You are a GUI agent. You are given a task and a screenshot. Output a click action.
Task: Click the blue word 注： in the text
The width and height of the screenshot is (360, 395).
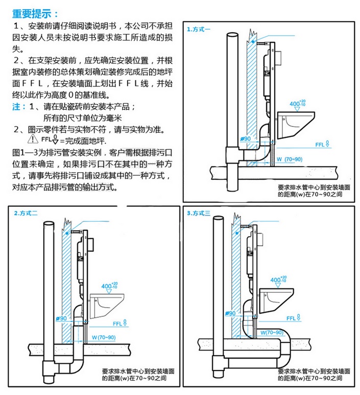[x=19, y=107]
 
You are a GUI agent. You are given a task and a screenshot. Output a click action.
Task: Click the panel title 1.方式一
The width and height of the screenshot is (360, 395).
[x=199, y=29]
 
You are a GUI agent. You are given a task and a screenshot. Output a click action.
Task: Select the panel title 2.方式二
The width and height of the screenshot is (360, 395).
[x=26, y=213]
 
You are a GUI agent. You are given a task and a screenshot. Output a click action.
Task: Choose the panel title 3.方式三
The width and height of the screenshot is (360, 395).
[x=199, y=213]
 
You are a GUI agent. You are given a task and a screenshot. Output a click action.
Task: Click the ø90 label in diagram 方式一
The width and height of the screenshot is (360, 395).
[x=245, y=139]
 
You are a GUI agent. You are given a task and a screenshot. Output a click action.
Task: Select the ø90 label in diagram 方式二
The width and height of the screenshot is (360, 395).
[x=61, y=318]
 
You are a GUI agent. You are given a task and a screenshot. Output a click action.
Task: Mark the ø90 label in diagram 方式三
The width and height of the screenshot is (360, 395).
[x=229, y=313]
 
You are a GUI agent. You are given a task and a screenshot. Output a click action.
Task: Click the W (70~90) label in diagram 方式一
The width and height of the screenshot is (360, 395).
[x=290, y=159]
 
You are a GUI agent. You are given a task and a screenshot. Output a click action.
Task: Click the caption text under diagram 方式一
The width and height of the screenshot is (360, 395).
[x=314, y=191]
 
